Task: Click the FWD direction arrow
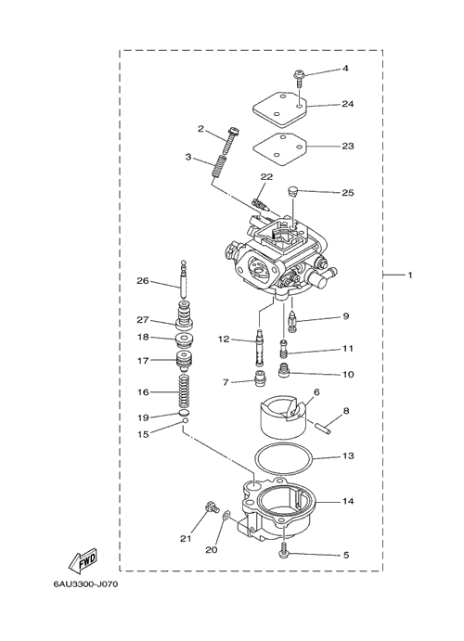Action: [83, 559]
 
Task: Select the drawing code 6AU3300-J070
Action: [85, 583]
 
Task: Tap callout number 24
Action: [347, 104]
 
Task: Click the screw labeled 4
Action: [299, 79]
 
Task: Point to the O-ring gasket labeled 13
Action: [283, 460]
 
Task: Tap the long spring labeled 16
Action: [185, 391]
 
